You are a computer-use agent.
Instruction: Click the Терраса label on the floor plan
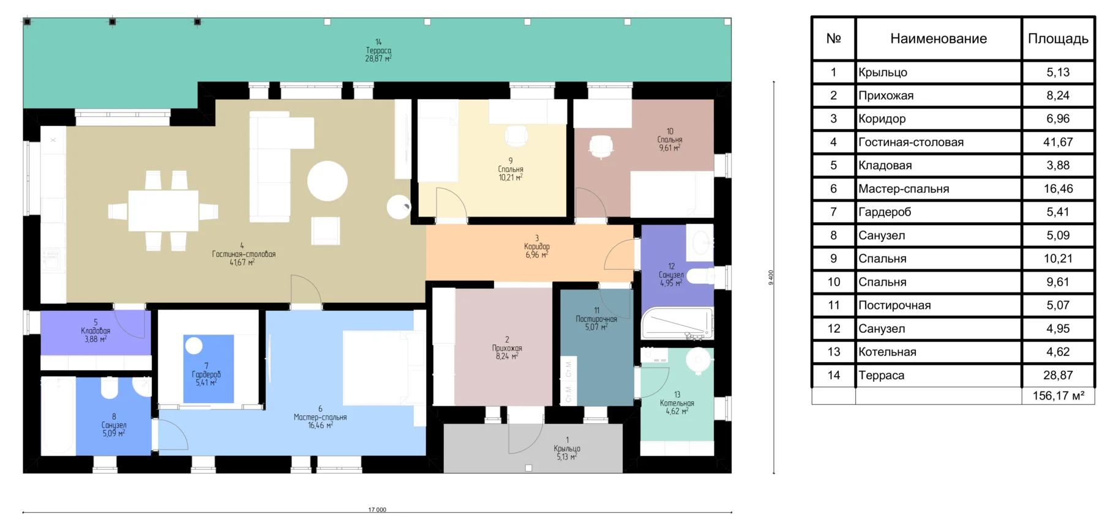click(378, 50)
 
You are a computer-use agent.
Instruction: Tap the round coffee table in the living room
click(328, 180)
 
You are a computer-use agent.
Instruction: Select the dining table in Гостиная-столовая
click(163, 210)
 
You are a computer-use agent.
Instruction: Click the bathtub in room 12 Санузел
click(677, 322)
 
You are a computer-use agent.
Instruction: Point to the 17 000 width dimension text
click(377, 510)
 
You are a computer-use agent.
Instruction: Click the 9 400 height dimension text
click(771, 277)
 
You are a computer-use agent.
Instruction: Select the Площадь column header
click(1058, 39)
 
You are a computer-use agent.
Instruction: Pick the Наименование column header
click(939, 39)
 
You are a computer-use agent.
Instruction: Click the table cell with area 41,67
click(1058, 142)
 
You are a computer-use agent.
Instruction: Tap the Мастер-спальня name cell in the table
click(939, 188)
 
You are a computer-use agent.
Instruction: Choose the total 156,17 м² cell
click(1058, 396)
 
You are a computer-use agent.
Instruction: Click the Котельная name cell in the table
click(939, 352)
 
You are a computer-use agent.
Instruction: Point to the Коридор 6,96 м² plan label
click(537, 247)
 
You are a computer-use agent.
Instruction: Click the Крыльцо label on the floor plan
click(567, 448)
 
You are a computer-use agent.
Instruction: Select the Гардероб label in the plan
click(206, 374)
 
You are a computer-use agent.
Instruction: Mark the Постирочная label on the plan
click(596, 319)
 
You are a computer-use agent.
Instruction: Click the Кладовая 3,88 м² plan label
click(96, 330)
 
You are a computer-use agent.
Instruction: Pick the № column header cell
click(834, 39)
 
